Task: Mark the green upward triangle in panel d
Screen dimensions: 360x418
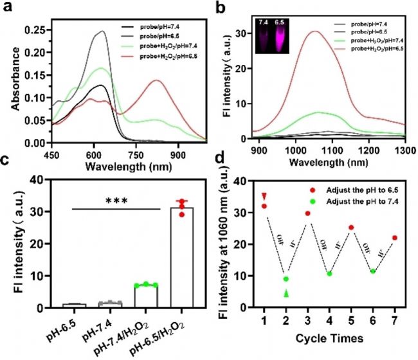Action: pos(286,293)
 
